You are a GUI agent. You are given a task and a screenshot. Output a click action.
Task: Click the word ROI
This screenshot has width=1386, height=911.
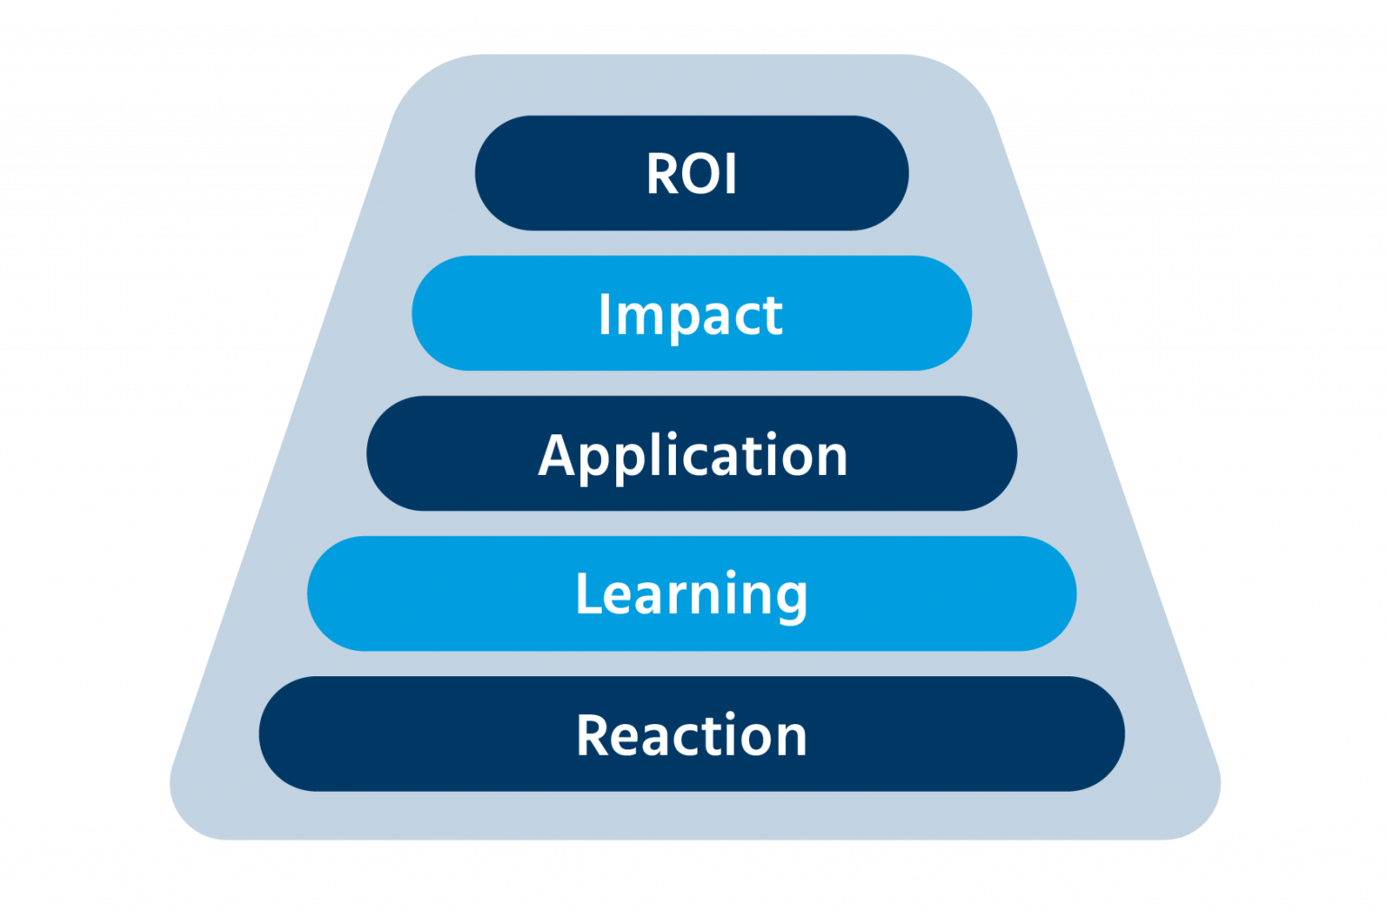click(691, 173)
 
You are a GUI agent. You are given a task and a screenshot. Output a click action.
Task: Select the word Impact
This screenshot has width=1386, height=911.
click(690, 314)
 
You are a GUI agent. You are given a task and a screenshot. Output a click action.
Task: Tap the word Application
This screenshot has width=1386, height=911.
click(692, 455)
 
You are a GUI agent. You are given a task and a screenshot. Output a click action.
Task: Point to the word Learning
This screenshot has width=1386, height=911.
click(691, 594)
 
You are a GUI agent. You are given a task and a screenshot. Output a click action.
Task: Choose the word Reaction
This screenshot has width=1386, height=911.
click(691, 735)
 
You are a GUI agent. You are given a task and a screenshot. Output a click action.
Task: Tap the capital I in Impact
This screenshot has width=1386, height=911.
click(605, 314)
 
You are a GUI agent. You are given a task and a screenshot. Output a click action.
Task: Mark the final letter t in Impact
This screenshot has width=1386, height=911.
click(772, 316)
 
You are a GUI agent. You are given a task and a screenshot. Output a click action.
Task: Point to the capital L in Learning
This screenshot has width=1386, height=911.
click(587, 594)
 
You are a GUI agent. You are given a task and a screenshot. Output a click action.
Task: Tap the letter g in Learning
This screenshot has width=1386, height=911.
click(790, 600)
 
